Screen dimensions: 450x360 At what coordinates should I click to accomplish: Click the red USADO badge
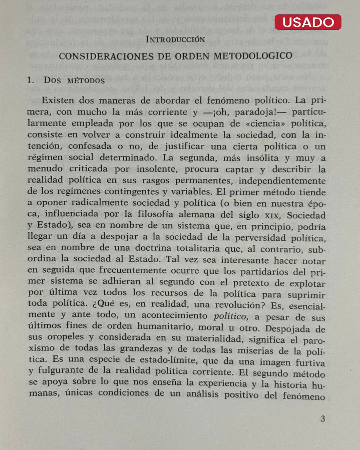coord(308,22)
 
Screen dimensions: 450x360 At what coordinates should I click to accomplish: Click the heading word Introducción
coord(175,39)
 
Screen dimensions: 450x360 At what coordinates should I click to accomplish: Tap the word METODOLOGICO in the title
coord(253,56)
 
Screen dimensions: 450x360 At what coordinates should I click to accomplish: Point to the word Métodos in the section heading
coord(86,81)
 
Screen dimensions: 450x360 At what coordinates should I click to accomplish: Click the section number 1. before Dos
coord(31,80)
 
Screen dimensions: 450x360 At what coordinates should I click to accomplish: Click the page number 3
coord(322,419)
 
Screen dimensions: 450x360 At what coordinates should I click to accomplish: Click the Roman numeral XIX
coord(271,215)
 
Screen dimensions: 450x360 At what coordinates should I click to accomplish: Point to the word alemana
coord(196,214)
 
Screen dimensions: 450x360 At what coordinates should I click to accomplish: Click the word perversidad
coord(260,238)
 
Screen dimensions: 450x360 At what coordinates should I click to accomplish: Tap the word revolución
coord(240,305)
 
